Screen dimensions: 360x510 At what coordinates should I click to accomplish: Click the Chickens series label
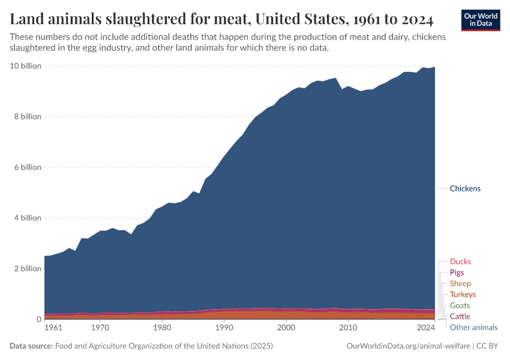(465, 188)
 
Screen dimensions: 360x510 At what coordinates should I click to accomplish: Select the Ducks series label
(460, 262)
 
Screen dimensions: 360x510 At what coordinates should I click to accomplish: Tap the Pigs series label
(457, 272)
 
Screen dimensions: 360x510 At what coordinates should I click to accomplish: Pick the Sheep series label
(460, 283)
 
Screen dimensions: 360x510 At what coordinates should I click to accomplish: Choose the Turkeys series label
(463, 295)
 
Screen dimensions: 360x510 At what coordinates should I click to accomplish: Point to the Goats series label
(460, 305)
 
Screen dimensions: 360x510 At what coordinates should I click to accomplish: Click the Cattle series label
(460, 316)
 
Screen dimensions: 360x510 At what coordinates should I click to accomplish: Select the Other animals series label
(473, 327)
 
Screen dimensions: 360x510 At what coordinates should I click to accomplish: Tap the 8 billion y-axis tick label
(28, 116)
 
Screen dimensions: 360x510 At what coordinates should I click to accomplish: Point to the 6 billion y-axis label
(28, 167)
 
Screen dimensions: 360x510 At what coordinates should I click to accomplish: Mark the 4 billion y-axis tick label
(28, 218)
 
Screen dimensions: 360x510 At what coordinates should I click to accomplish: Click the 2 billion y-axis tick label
(28, 269)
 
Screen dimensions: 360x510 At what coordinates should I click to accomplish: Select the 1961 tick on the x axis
(53, 328)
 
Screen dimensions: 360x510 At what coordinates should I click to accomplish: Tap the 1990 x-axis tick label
(224, 328)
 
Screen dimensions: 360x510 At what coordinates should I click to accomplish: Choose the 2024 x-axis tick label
(425, 328)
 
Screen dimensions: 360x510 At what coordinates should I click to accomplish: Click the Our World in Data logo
(480, 20)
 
